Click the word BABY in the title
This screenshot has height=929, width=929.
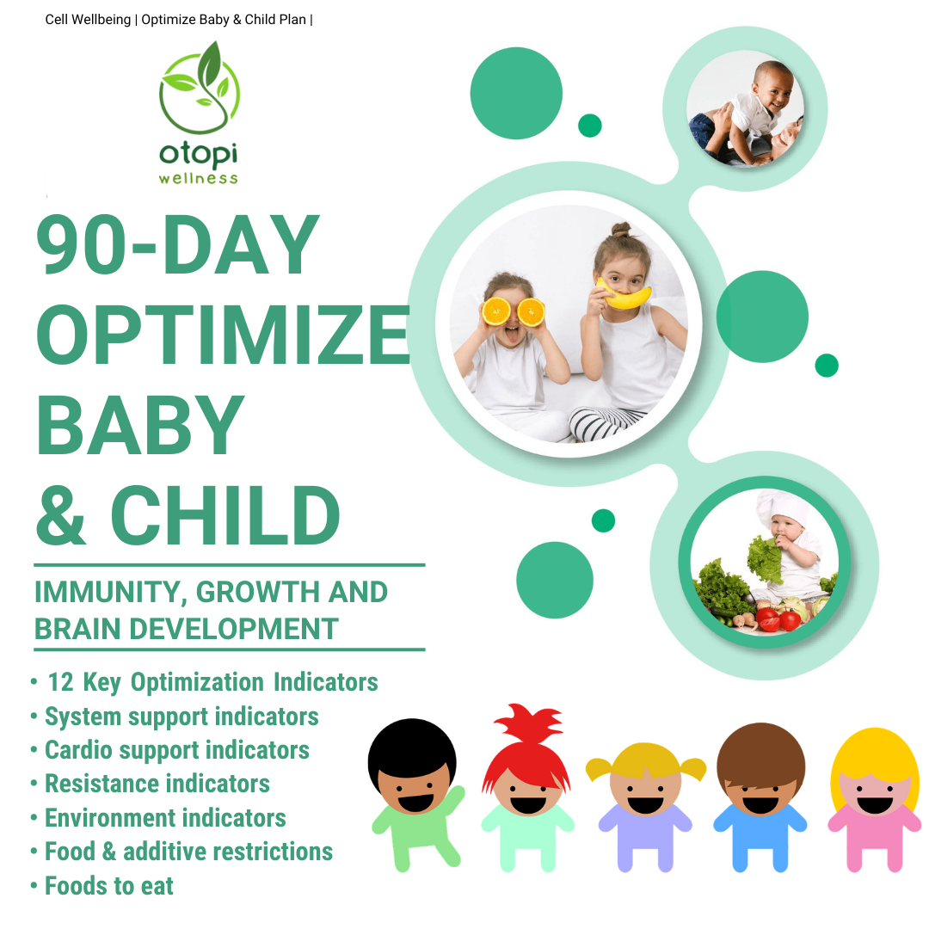(x=140, y=424)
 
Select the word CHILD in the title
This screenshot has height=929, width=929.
(x=225, y=514)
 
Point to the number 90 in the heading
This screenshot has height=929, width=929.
(x=81, y=244)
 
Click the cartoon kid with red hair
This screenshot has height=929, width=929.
(x=526, y=788)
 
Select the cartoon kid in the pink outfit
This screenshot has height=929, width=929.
(x=875, y=800)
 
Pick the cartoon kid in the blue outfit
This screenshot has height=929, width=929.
(x=760, y=797)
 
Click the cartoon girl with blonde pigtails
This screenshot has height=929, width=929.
(x=645, y=807)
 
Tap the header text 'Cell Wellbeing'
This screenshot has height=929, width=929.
(x=88, y=20)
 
